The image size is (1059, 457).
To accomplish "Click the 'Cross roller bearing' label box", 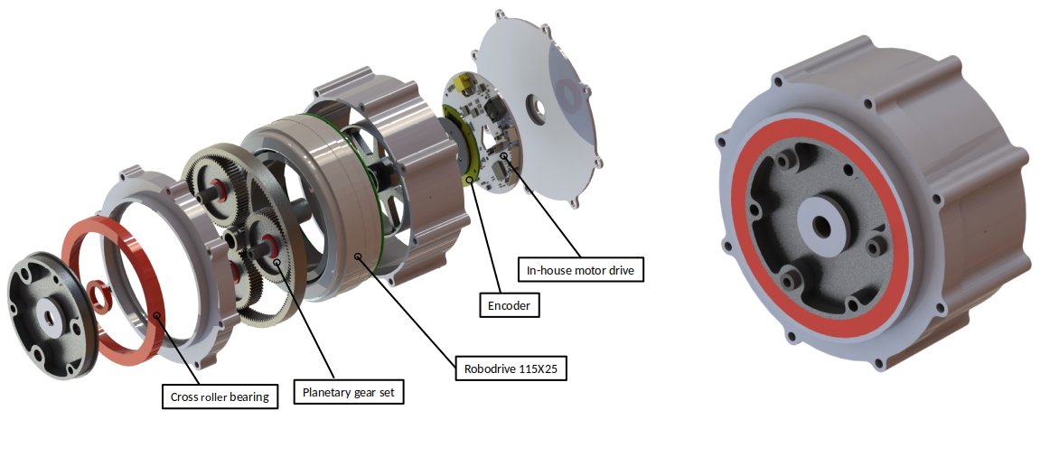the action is coord(220,396).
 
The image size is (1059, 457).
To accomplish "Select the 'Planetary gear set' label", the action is coord(349,392).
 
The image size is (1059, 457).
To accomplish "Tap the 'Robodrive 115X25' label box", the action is coord(511,368).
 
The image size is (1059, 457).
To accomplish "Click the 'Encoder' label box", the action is coord(510,305).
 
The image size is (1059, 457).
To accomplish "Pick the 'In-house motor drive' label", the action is coord(580,270).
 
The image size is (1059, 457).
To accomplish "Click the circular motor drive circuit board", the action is coord(480,132).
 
